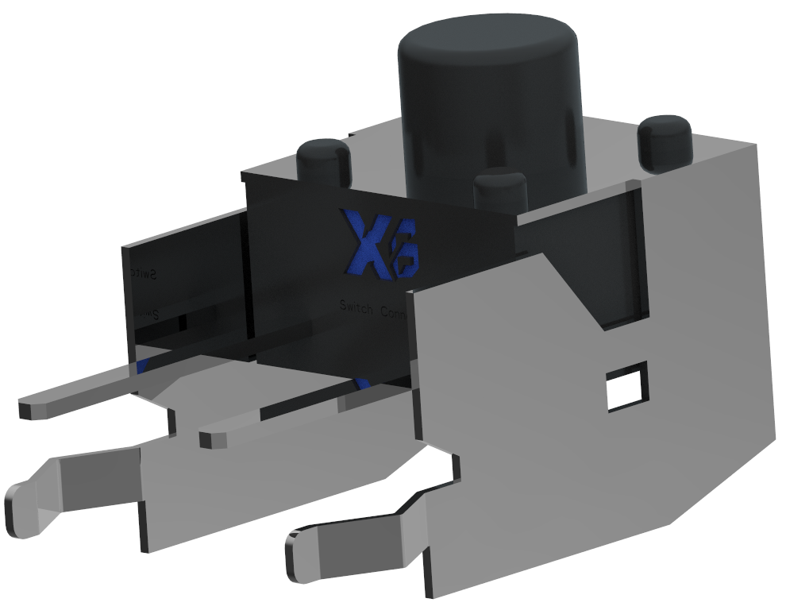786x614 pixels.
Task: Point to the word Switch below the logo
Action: [x=356, y=306]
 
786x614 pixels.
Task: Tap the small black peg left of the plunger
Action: [x=324, y=163]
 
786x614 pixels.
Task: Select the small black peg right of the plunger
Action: [x=665, y=143]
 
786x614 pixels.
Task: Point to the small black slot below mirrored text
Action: [x=182, y=323]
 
